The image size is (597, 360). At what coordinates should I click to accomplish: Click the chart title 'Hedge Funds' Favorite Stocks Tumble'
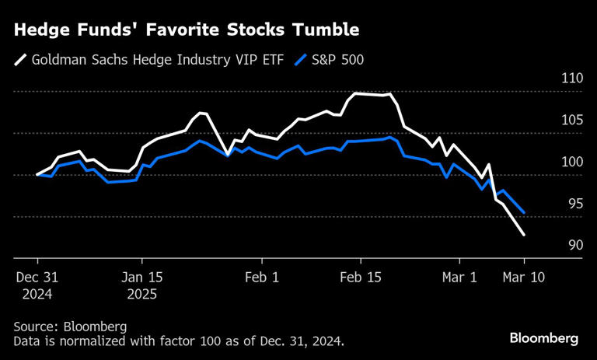coord(186,30)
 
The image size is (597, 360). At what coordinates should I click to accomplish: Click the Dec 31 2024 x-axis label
coord(37,285)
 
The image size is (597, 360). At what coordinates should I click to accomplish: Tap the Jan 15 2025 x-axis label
coord(141,285)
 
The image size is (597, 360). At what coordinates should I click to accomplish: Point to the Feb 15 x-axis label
coord(361,276)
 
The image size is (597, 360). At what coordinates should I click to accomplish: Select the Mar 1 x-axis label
coord(459,276)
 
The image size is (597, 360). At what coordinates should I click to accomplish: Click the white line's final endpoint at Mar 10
coord(524,235)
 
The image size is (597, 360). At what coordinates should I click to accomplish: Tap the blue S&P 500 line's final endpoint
coord(524,212)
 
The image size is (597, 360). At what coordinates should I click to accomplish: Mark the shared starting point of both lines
coord(37,175)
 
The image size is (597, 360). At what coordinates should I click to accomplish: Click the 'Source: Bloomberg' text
coord(70,327)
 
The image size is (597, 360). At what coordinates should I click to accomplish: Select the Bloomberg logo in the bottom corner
coord(544,338)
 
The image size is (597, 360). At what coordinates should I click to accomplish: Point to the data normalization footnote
coord(178,341)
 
